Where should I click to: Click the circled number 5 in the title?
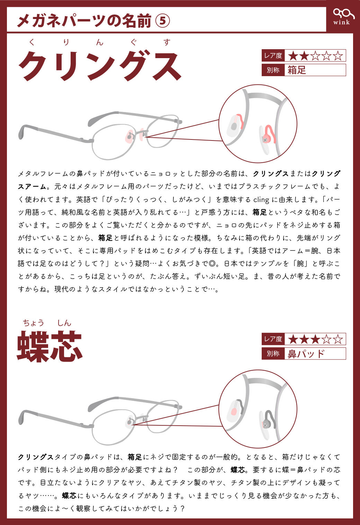coord(163,21)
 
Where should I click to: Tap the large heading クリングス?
coord(100,65)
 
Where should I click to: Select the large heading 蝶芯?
coord(49,346)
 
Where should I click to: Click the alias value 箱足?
coord(297,70)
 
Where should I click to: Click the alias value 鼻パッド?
coord(306,354)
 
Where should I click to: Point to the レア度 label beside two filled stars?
coord(273,56)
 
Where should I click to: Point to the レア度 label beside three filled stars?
coord(273,339)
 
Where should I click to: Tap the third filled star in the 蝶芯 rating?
coord(315,339)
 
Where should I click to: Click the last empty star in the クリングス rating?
coord(338,56)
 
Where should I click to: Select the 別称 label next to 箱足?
coord(273,70)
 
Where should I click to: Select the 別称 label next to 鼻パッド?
coord(273,354)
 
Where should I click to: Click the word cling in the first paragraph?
coord(261,200)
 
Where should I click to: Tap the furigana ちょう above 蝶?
coord(34,323)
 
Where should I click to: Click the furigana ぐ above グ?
coord(134,43)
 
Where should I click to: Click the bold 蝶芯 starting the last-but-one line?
coord(69,496)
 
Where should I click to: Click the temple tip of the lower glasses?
coord(22,417)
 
